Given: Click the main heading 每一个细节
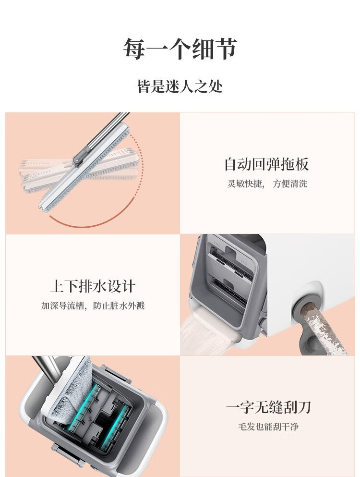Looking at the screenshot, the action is [x=180, y=49].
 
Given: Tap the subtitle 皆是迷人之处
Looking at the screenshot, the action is [x=180, y=86].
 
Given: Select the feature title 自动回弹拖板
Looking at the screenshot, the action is [x=266, y=164].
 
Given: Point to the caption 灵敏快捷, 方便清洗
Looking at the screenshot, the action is [x=267, y=184].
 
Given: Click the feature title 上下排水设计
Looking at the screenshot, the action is [x=93, y=286].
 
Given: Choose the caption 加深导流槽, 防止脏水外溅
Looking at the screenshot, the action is [x=93, y=306].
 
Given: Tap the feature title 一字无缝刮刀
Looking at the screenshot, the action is [x=268, y=407].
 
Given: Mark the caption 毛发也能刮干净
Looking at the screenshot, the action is [x=268, y=427].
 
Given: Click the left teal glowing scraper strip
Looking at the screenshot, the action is [x=84, y=406].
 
